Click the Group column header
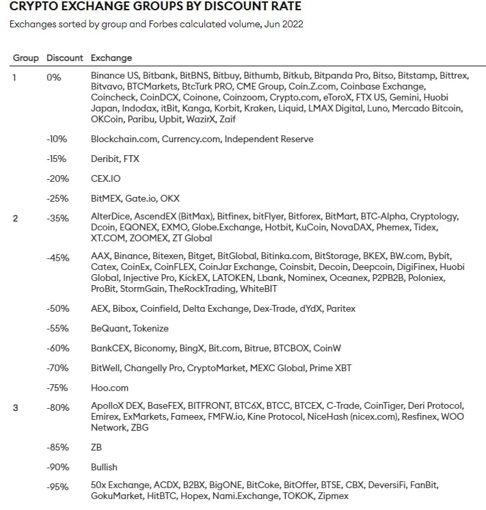26,58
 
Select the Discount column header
64,58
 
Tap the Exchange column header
111,58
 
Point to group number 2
15,218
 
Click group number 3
15,407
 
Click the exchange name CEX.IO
106,178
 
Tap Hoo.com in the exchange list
110,388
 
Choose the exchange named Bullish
105,467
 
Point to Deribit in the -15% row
105,159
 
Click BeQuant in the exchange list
109,328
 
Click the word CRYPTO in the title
35,8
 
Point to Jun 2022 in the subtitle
284,24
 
